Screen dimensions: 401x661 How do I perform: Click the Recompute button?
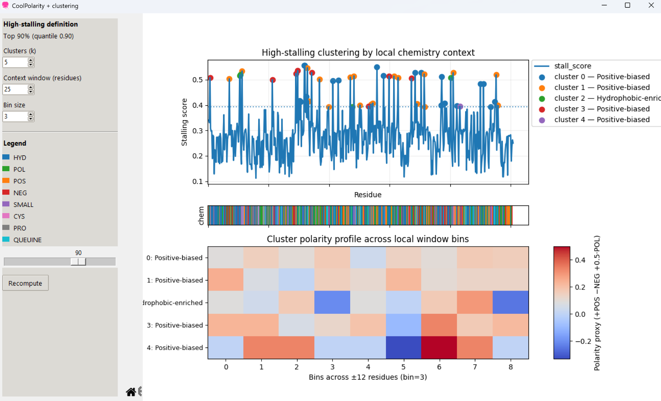tap(25, 283)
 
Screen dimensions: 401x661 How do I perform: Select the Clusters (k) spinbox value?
tap(15, 62)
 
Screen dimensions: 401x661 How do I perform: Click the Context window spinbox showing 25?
tap(15, 89)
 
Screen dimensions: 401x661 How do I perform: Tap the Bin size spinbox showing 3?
tap(15, 117)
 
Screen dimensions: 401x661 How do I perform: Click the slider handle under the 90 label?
tap(78, 262)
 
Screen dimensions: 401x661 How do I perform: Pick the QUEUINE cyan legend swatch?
tap(6, 240)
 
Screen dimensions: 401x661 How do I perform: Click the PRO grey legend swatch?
tap(6, 228)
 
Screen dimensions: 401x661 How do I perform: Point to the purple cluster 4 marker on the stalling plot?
tap(461, 107)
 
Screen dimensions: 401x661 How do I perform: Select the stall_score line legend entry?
tap(573, 66)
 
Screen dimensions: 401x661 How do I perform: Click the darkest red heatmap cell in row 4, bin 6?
tap(439, 348)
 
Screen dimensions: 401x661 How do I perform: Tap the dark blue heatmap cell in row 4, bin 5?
tap(403, 348)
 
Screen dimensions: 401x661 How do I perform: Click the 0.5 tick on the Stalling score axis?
tap(198, 80)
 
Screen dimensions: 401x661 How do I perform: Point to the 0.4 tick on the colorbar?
tap(580, 260)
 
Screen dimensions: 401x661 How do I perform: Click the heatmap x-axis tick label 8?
tap(510, 367)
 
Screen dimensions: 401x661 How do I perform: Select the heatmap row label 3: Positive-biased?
tap(175, 325)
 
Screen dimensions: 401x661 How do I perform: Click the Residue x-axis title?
tap(368, 195)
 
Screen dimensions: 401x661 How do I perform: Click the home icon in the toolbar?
tap(131, 392)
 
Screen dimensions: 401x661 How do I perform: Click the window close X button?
tap(651, 5)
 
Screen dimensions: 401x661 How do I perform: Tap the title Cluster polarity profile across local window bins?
tap(368, 239)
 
